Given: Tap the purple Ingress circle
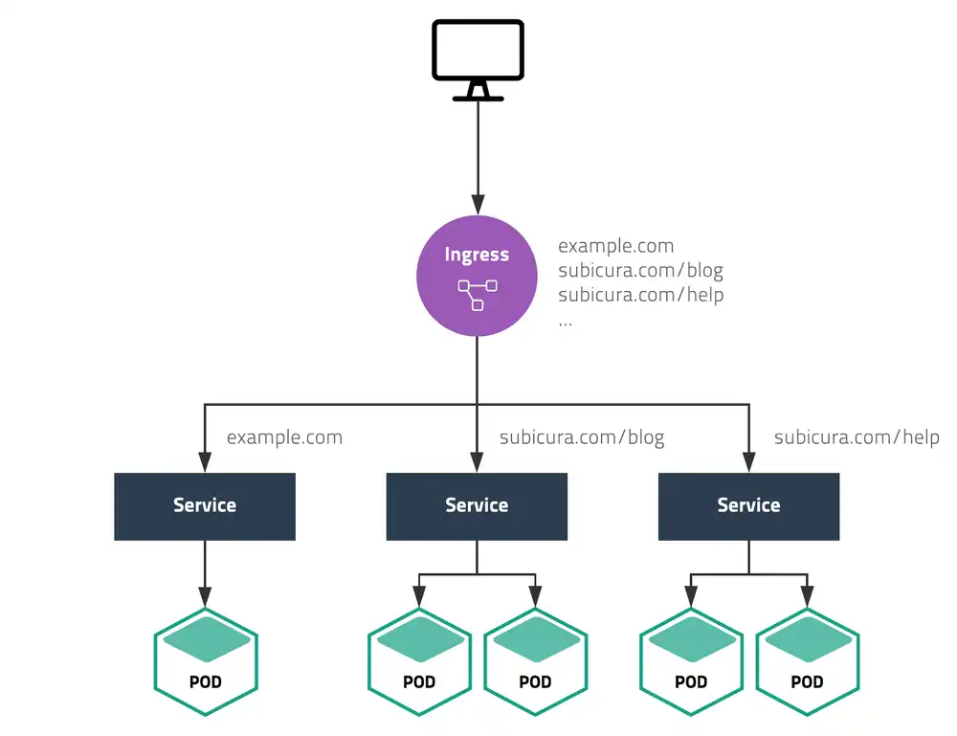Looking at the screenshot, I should click(477, 276).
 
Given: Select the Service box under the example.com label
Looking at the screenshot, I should click(205, 505).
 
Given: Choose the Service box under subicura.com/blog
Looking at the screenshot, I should click(477, 505).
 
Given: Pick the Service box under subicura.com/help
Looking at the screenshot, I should click(748, 505).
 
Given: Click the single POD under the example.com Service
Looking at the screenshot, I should click(206, 660).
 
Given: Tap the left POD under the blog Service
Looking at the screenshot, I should click(419, 660).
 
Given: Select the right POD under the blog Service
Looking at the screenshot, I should click(535, 660).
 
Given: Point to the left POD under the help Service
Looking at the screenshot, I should click(691, 660).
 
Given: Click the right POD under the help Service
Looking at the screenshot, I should click(807, 660).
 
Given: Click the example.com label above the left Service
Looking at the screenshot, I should click(284, 438).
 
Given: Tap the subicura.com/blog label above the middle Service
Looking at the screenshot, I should click(581, 438).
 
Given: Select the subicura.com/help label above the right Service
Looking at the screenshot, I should click(856, 438).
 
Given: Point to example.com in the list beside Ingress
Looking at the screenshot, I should click(615, 247).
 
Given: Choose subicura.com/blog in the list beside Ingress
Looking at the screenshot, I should click(640, 271).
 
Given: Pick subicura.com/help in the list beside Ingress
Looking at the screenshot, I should click(640, 295).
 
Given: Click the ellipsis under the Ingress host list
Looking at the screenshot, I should click(565, 323).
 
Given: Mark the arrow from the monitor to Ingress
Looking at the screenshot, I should click(477, 153).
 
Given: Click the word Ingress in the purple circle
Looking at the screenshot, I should click(477, 255).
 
